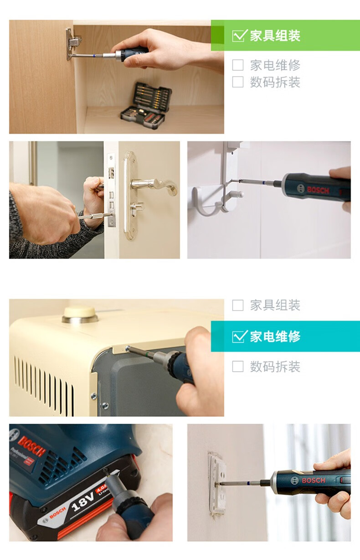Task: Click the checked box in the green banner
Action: pos(239,36)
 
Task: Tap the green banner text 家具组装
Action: pos(275,36)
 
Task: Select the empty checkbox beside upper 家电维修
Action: pos(237,65)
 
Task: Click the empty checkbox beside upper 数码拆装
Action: pos(237,82)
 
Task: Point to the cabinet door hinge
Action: pos(73,44)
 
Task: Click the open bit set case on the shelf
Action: pos(145,103)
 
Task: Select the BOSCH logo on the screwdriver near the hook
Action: pos(318,190)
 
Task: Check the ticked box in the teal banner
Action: pos(239,336)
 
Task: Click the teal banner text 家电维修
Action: pos(275,336)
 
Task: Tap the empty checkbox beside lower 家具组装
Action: pos(237,305)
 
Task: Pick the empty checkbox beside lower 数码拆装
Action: pos(237,367)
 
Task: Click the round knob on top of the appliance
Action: pos(80,314)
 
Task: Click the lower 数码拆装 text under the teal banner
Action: pos(275,367)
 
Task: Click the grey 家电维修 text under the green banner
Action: pos(275,65)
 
